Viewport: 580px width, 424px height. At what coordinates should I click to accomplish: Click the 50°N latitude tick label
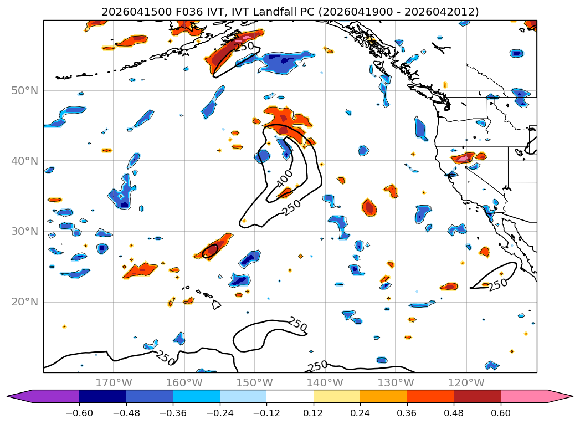[x=25, y=91]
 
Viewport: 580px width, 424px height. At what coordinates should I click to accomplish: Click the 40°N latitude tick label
[x=25, y=161]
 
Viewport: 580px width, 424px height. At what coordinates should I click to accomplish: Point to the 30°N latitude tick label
[x=25, y=232]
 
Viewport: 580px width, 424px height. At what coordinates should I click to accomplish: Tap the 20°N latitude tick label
[x=25, y=302]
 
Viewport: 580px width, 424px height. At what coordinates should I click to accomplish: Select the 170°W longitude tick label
[x=114, y=382]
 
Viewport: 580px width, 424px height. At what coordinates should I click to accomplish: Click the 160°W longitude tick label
[x=184, y=382]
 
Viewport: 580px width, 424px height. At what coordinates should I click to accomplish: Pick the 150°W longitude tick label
[x=254, y=382]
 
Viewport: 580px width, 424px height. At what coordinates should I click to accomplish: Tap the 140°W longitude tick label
[x=325, y=382]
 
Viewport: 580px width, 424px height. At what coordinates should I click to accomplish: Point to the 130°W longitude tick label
[x=396, y=382]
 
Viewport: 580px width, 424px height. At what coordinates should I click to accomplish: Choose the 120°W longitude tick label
[x=466, y=382]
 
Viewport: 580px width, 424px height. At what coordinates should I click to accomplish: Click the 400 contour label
[x=284, y=178]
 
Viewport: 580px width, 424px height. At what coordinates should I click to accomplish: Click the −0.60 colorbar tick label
[x=79, y=413]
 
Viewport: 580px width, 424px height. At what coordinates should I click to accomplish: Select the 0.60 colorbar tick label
[x=500, y=413]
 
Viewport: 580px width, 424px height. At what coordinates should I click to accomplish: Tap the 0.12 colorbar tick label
[x=314, y=413]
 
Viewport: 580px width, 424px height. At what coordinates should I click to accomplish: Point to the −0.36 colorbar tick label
[x=173, y=413]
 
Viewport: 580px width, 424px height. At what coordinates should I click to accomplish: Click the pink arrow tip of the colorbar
[x=572, y=396]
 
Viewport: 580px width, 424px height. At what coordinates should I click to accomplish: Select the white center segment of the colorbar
[x=290, y=396]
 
